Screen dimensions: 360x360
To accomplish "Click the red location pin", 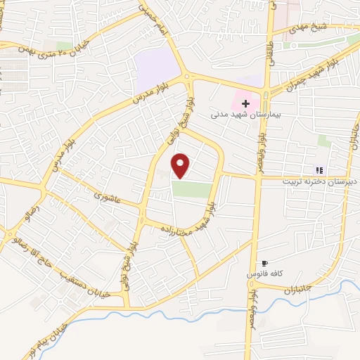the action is (181, 165).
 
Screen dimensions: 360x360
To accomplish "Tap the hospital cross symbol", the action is (245, 103).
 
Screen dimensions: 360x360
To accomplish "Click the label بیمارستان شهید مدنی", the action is (245, 113).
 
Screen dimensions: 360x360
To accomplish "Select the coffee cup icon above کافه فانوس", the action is (266, 262).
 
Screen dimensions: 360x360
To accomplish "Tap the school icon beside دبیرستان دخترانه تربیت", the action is (319, 169).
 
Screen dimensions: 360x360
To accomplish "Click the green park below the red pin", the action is (192, 189).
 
